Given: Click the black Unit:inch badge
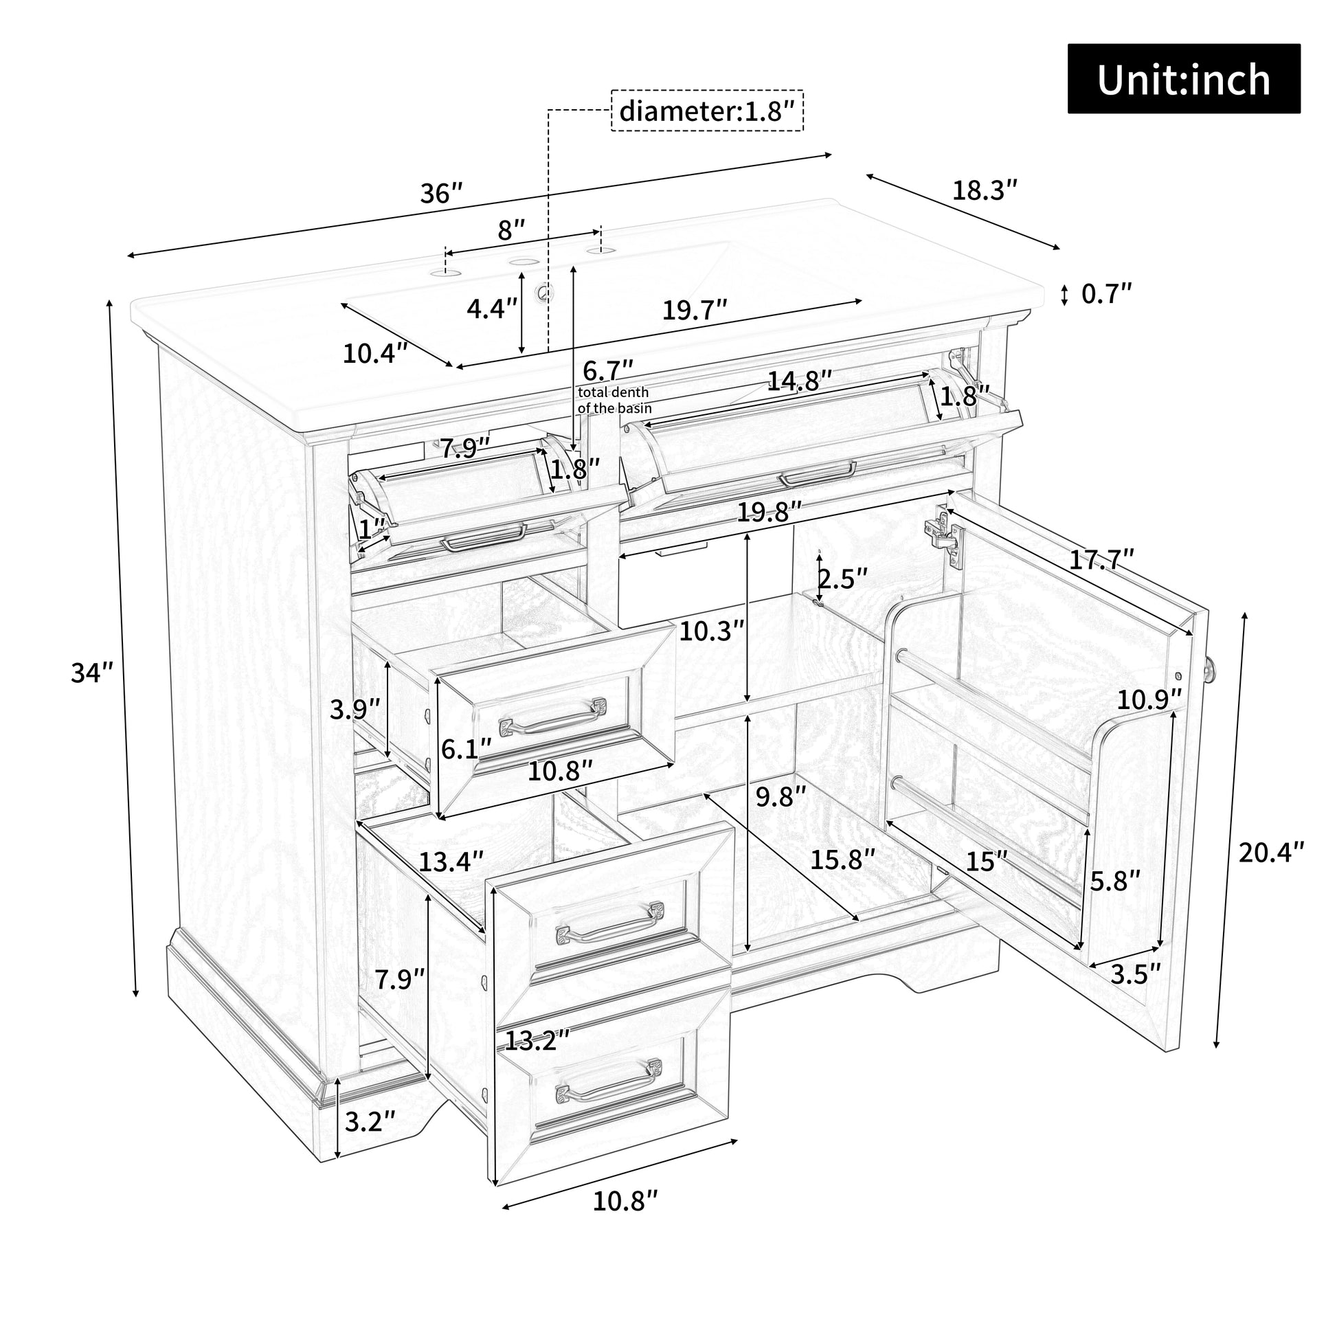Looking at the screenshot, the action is (1183, 79).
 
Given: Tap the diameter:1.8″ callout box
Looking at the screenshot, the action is (706, 111).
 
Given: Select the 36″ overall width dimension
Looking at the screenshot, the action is (441, 193).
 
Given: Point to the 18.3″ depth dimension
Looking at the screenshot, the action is (985, 190).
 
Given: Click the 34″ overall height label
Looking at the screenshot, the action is (92, 673).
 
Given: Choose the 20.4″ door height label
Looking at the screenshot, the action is (1270, 852).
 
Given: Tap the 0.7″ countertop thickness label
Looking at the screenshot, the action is (1107, 294).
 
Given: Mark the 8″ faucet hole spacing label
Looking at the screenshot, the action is (511, 229).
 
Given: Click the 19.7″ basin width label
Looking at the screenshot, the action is (695, 310).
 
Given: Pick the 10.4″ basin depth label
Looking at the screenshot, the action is (375, 354).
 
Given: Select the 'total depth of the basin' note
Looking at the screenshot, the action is (614, 401).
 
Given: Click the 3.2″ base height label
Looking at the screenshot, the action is (370, 1122).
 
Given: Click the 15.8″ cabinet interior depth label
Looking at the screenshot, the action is (843, 860).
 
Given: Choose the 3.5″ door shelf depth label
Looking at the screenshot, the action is (1135, 974).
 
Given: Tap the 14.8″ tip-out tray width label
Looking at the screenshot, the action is (799, 381).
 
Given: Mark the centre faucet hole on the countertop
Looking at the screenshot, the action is (524, 262).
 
